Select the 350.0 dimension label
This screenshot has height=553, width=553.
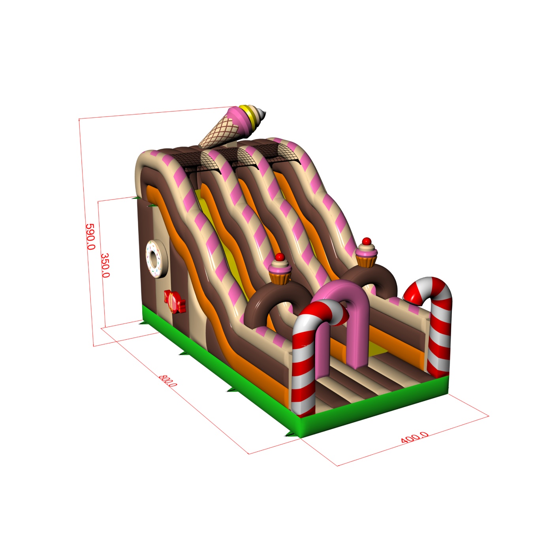(105, 265)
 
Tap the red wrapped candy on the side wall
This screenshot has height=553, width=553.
(175, 301)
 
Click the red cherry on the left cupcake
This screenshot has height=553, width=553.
(280, 257)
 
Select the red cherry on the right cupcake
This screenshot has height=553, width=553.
(367, 241)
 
